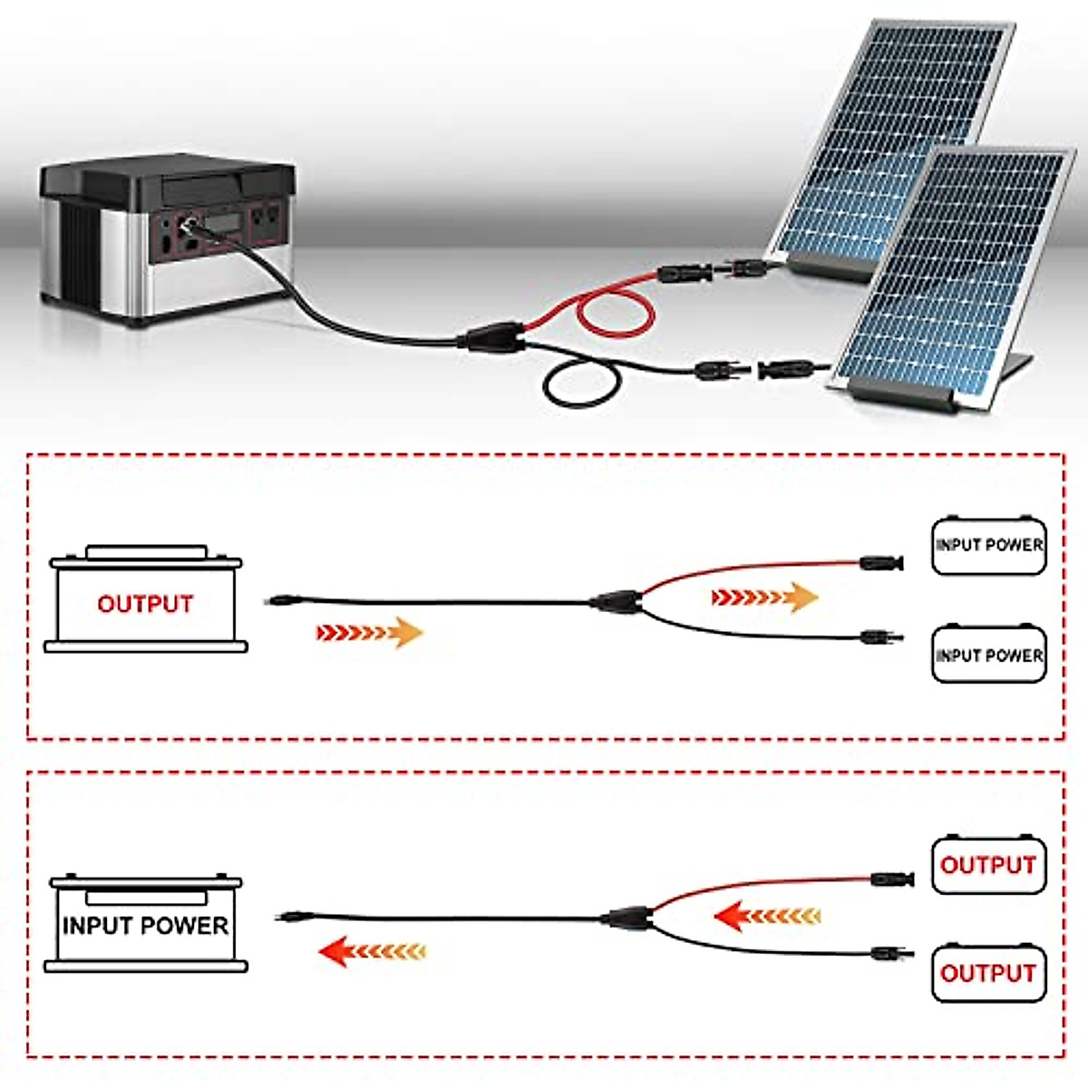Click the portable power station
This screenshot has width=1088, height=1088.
168,240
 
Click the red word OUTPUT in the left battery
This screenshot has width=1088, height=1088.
145,604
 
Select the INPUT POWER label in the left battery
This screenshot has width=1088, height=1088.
145,926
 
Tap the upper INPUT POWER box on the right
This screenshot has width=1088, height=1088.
989,546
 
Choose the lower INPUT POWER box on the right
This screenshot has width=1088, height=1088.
989,655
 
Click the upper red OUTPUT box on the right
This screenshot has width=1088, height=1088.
988,865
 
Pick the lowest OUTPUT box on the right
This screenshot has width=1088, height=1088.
988,973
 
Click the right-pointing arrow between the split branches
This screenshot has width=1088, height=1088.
764,597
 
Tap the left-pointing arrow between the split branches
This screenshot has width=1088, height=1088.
767,916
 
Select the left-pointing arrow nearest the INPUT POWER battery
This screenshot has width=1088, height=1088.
372,951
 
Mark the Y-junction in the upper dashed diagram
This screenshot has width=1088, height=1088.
616,600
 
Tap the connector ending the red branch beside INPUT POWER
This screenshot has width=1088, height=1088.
880,563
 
